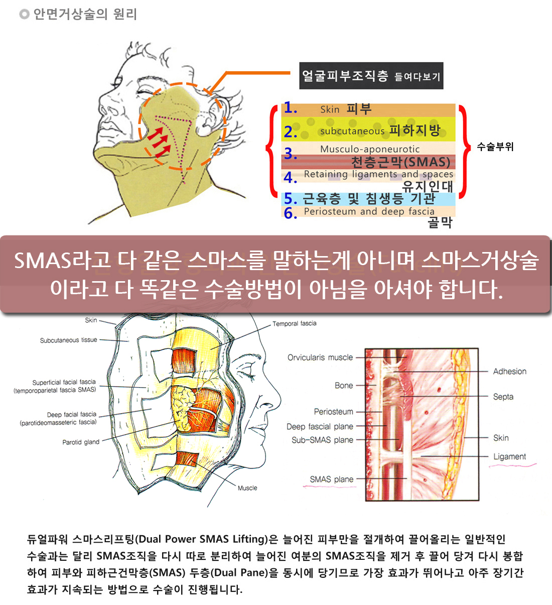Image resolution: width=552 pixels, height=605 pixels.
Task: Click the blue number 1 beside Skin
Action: [x=290, y=108]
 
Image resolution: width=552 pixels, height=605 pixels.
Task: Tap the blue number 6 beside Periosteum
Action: [x=290, y=213]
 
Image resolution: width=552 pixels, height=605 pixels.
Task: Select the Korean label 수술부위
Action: [x=495, y=147]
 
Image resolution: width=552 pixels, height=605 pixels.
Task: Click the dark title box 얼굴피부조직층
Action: [x=371, y=76]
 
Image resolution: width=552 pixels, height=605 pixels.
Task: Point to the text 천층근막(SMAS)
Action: [x=400, y=162]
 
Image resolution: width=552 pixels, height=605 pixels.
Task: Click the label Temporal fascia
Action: [x=295, y=324]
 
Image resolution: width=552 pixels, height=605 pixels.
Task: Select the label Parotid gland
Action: [x=81, y=442]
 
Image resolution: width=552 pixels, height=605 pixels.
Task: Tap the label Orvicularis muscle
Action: [x=320, y=357]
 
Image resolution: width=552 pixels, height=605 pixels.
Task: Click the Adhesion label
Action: [x=509, y=372]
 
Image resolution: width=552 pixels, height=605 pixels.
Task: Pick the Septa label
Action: [x=503, y=397]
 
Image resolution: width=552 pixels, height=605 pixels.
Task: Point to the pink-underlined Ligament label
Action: [x=509, y=457]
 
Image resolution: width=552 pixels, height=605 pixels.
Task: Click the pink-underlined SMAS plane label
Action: [x=331, y=479]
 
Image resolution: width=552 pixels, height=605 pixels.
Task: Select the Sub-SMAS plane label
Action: [x=322, y=440]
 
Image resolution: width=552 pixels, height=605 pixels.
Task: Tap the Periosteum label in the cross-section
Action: [x=333, y=412]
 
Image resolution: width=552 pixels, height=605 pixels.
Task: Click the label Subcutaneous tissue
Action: [x=69, y=340]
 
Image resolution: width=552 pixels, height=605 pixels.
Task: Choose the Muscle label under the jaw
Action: [x=247, y=488]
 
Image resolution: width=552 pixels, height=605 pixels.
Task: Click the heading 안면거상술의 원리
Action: [x=85, y=14]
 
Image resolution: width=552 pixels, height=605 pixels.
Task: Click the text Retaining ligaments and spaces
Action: [x=378, y=174]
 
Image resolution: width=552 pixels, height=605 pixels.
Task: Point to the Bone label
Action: [x=344, y=386]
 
